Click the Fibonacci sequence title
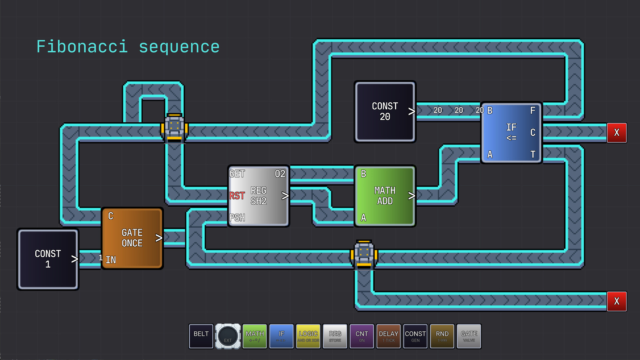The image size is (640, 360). pyautogui.click(x=128, y=46)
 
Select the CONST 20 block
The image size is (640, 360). pyautogui.click(x=385, y=112)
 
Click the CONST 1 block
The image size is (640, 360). pyautogui.click(x=48, y=259)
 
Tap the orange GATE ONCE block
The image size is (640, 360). pyautogui.click(x=132, y=238)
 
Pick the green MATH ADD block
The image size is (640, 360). pyautogui.click(x=385, y=196)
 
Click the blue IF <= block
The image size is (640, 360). pyautogui.click(x=511, y=132)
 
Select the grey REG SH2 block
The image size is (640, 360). pyautogui.click(x=259, y=196)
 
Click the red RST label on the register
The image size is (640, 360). pyautogui.click(x=237, y=196)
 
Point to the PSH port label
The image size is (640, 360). pyautogui.click(x=237, y=218)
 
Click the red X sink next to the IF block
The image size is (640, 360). pyautogui.click(x=616, y=132)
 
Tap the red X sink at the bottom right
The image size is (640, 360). pyautogui.click(x=616, y=301)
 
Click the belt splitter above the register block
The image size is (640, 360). pyautogui.click(x=174, y=127)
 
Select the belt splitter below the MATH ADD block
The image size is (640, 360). pyautogui.click(x=364, y=254)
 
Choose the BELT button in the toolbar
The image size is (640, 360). pyautogui.click(x=201, y=336)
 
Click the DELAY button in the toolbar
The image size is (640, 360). pyautogui.click(x=388, y=336)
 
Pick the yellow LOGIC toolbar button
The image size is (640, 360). pyautogui.click(x=308, y=336)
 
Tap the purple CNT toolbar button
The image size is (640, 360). pyautogui.click(x=362, y=336)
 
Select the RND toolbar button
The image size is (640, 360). pyautogui.click(x=442, y=336)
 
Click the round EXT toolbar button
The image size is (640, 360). pyautogui.click(x=228, y=336)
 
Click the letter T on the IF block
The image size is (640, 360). pyautogui.click(x=533, y=154)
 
